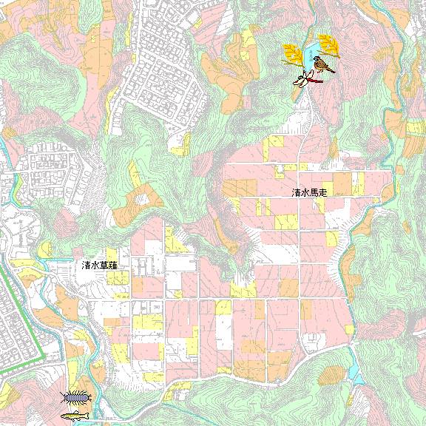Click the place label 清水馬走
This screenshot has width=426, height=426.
(309, 192)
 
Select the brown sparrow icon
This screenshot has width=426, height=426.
(322, 65)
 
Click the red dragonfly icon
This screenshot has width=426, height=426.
(305, 78)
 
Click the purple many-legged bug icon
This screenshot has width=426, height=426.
(76, 398)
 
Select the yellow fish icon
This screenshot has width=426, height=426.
(75, 416)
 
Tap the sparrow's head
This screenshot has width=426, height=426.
(318, 60)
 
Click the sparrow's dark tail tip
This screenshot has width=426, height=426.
(333, 71)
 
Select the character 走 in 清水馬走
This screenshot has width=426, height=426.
(322, 192)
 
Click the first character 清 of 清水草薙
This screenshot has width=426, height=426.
(87, 265)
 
